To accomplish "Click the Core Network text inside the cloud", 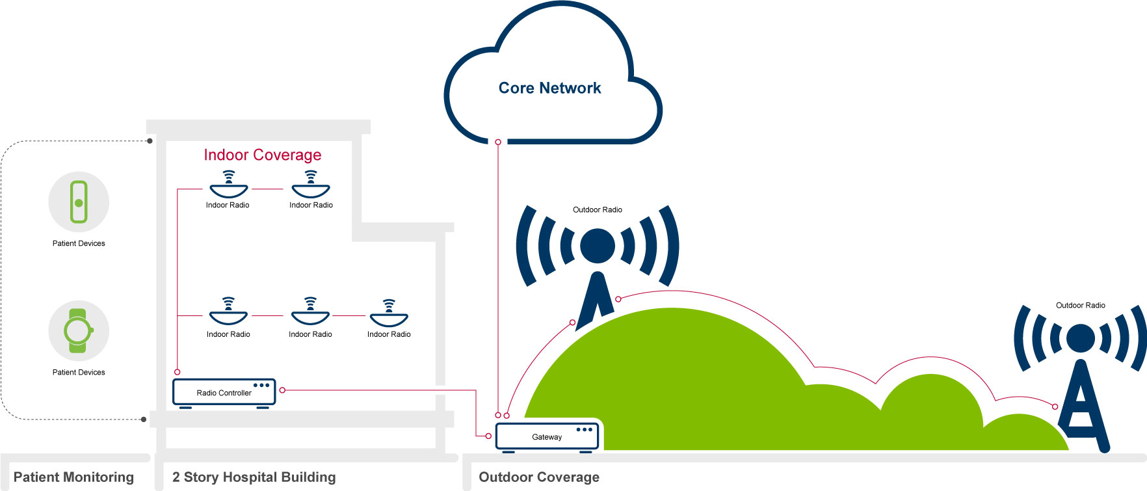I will (x=549, y=88).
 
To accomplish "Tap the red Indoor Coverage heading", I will (x=262, y=155).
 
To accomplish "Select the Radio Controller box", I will (x=224, y=393).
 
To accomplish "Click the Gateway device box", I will (x=547, y=436).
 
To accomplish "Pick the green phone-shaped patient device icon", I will (x=79, y=202).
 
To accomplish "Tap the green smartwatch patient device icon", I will (x=78, y=330).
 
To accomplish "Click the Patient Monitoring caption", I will (x=73, y=477).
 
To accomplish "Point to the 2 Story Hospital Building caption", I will (x=254, y=477).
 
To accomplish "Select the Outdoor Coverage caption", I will (x=539, y=477).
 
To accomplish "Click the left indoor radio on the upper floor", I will (x=228, y=185).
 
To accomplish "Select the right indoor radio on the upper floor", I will (x=311, y=185).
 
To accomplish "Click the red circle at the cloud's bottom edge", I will (x=498, y=142).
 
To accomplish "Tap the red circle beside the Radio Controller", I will (x=282, y=390).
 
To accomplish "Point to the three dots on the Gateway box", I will (x=584, y=429).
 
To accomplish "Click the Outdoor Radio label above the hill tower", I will (x=597, y=209).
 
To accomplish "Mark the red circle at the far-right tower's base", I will (x=1055, y=406).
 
